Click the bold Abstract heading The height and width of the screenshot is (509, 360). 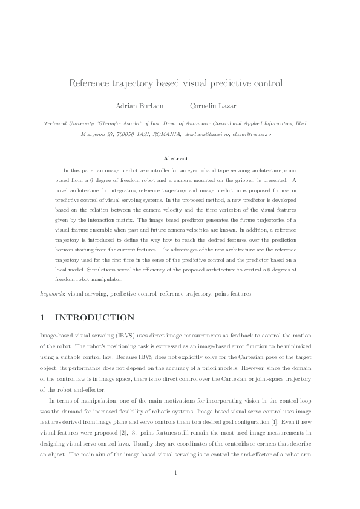pos(180,158)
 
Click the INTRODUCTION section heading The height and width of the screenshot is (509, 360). pos(94,317)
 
